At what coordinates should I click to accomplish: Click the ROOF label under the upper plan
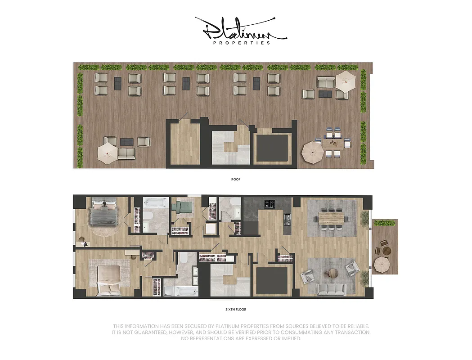[236, 179]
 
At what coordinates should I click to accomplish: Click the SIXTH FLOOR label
[236, 310]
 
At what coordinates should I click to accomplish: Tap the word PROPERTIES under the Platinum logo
[241, 43]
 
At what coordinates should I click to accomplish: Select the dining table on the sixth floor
[333, 219]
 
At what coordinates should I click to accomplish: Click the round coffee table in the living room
[333, 273]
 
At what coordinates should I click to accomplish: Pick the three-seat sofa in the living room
[331, 289]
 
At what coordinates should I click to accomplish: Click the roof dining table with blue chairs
[334, 144]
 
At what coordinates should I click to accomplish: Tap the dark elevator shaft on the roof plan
[272, 148]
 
